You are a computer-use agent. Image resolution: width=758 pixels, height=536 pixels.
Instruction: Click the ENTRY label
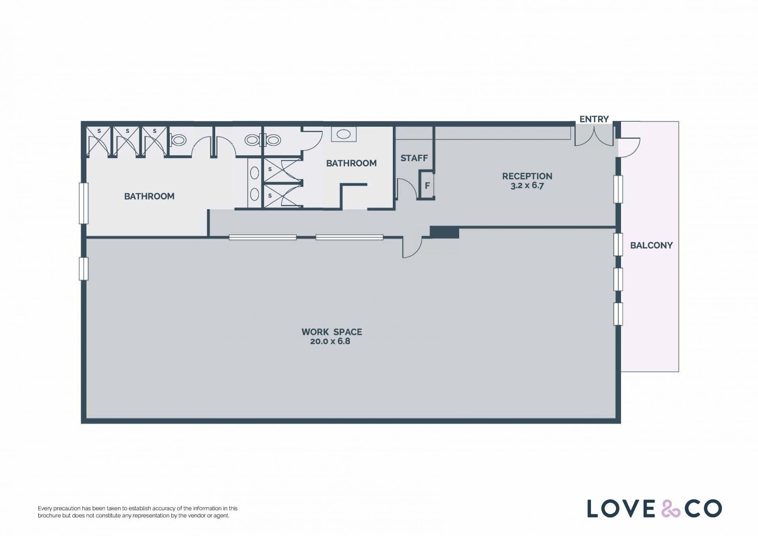594,119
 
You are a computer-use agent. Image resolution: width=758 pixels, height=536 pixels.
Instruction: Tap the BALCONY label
651,245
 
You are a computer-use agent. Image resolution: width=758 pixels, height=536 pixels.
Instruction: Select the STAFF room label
414,158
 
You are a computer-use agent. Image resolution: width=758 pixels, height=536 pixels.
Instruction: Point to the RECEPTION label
527,176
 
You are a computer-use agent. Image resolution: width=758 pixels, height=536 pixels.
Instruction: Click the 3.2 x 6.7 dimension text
527,186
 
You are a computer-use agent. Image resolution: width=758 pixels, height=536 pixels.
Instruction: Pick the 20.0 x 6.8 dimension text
330,341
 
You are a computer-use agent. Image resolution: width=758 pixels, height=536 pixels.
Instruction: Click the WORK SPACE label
332,332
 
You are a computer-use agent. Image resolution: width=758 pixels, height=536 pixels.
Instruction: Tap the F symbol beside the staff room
427,185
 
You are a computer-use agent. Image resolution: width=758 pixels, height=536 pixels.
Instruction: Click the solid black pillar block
444,232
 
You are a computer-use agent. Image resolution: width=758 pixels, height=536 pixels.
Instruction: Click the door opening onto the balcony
629,147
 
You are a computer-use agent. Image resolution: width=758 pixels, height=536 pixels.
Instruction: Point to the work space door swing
412,247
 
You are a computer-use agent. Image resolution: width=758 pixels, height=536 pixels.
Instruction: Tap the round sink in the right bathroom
343,134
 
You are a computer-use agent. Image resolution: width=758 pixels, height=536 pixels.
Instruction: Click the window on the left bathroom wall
83,203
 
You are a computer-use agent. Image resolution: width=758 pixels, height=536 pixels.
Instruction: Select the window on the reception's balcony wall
618,189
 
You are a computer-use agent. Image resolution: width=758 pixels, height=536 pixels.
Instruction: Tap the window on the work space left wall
83,269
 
